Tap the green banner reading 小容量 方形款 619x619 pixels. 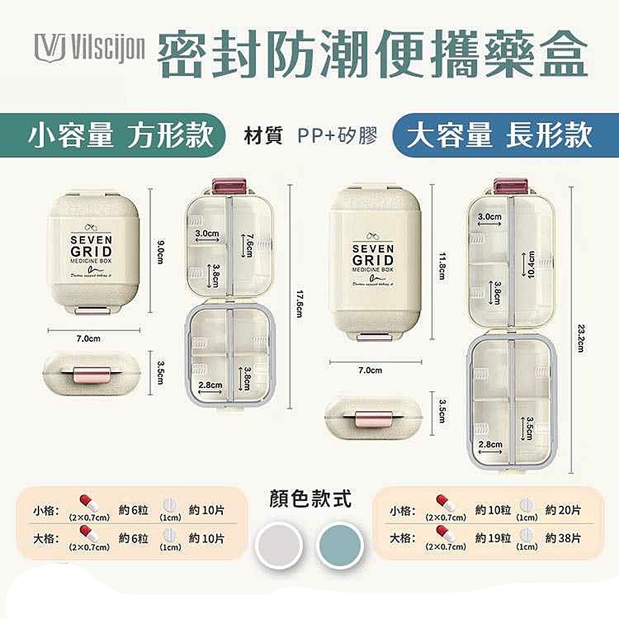(121, 136)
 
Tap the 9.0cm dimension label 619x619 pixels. (159, 251)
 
